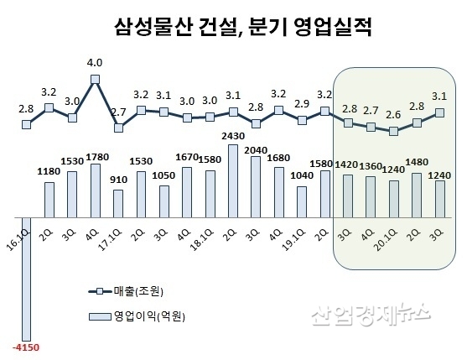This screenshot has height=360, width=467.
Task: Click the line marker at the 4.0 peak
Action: coord(95,80)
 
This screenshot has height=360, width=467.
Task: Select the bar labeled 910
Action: coord(118,201)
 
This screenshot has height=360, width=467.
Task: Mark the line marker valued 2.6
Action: coord(394,132)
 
